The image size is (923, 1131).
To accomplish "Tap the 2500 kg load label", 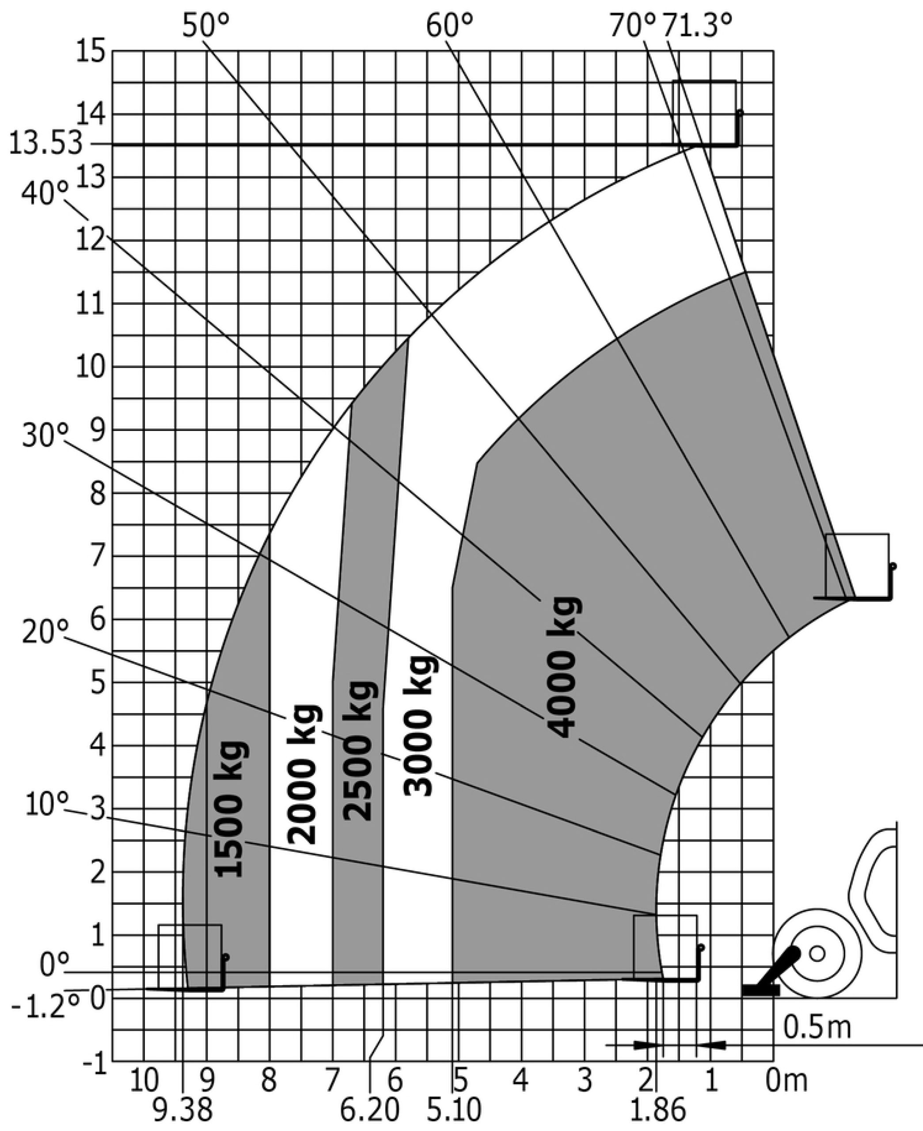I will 360,751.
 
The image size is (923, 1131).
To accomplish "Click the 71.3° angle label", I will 697,25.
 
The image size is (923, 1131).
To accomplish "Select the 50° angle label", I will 206,25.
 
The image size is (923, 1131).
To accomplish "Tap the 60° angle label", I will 449,25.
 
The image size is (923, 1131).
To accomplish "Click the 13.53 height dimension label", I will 46,144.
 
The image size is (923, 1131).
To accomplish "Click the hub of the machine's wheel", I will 817,954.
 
